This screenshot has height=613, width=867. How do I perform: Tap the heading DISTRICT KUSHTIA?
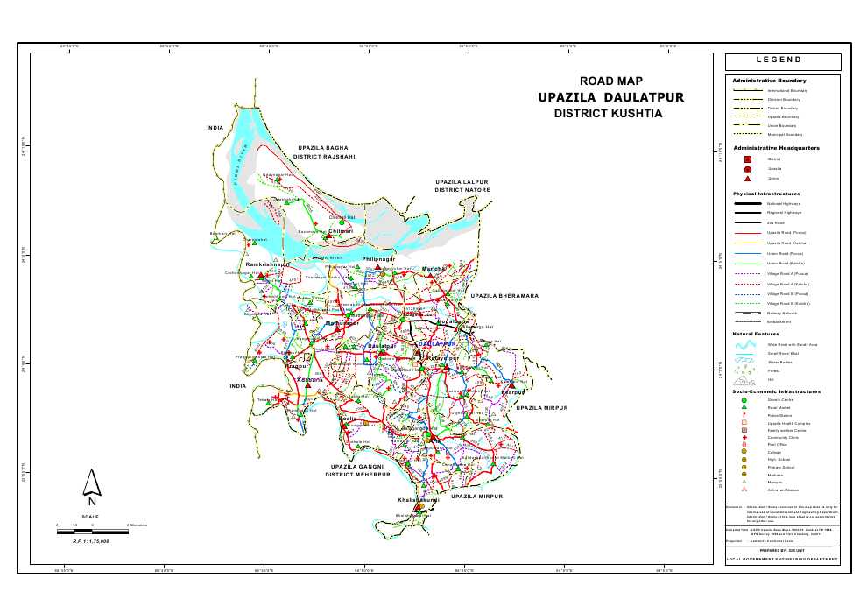610,114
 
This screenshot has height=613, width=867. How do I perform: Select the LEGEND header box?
783,61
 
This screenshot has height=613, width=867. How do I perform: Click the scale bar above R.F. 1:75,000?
92,525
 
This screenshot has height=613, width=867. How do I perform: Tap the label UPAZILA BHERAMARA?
504,296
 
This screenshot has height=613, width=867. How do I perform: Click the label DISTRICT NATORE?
462,190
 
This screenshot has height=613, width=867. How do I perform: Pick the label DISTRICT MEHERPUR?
357,475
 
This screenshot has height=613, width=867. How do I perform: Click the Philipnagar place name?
379,260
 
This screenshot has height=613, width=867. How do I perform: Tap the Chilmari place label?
341,231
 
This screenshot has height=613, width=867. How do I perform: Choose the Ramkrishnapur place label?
267,264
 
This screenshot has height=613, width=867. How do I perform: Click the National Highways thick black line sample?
748,203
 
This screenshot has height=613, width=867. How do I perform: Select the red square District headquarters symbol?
748,159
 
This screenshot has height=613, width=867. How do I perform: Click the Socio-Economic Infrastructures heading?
776,391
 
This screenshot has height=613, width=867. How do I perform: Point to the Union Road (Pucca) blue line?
748,253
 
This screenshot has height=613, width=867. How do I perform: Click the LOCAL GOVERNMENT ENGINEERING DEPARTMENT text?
782,559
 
